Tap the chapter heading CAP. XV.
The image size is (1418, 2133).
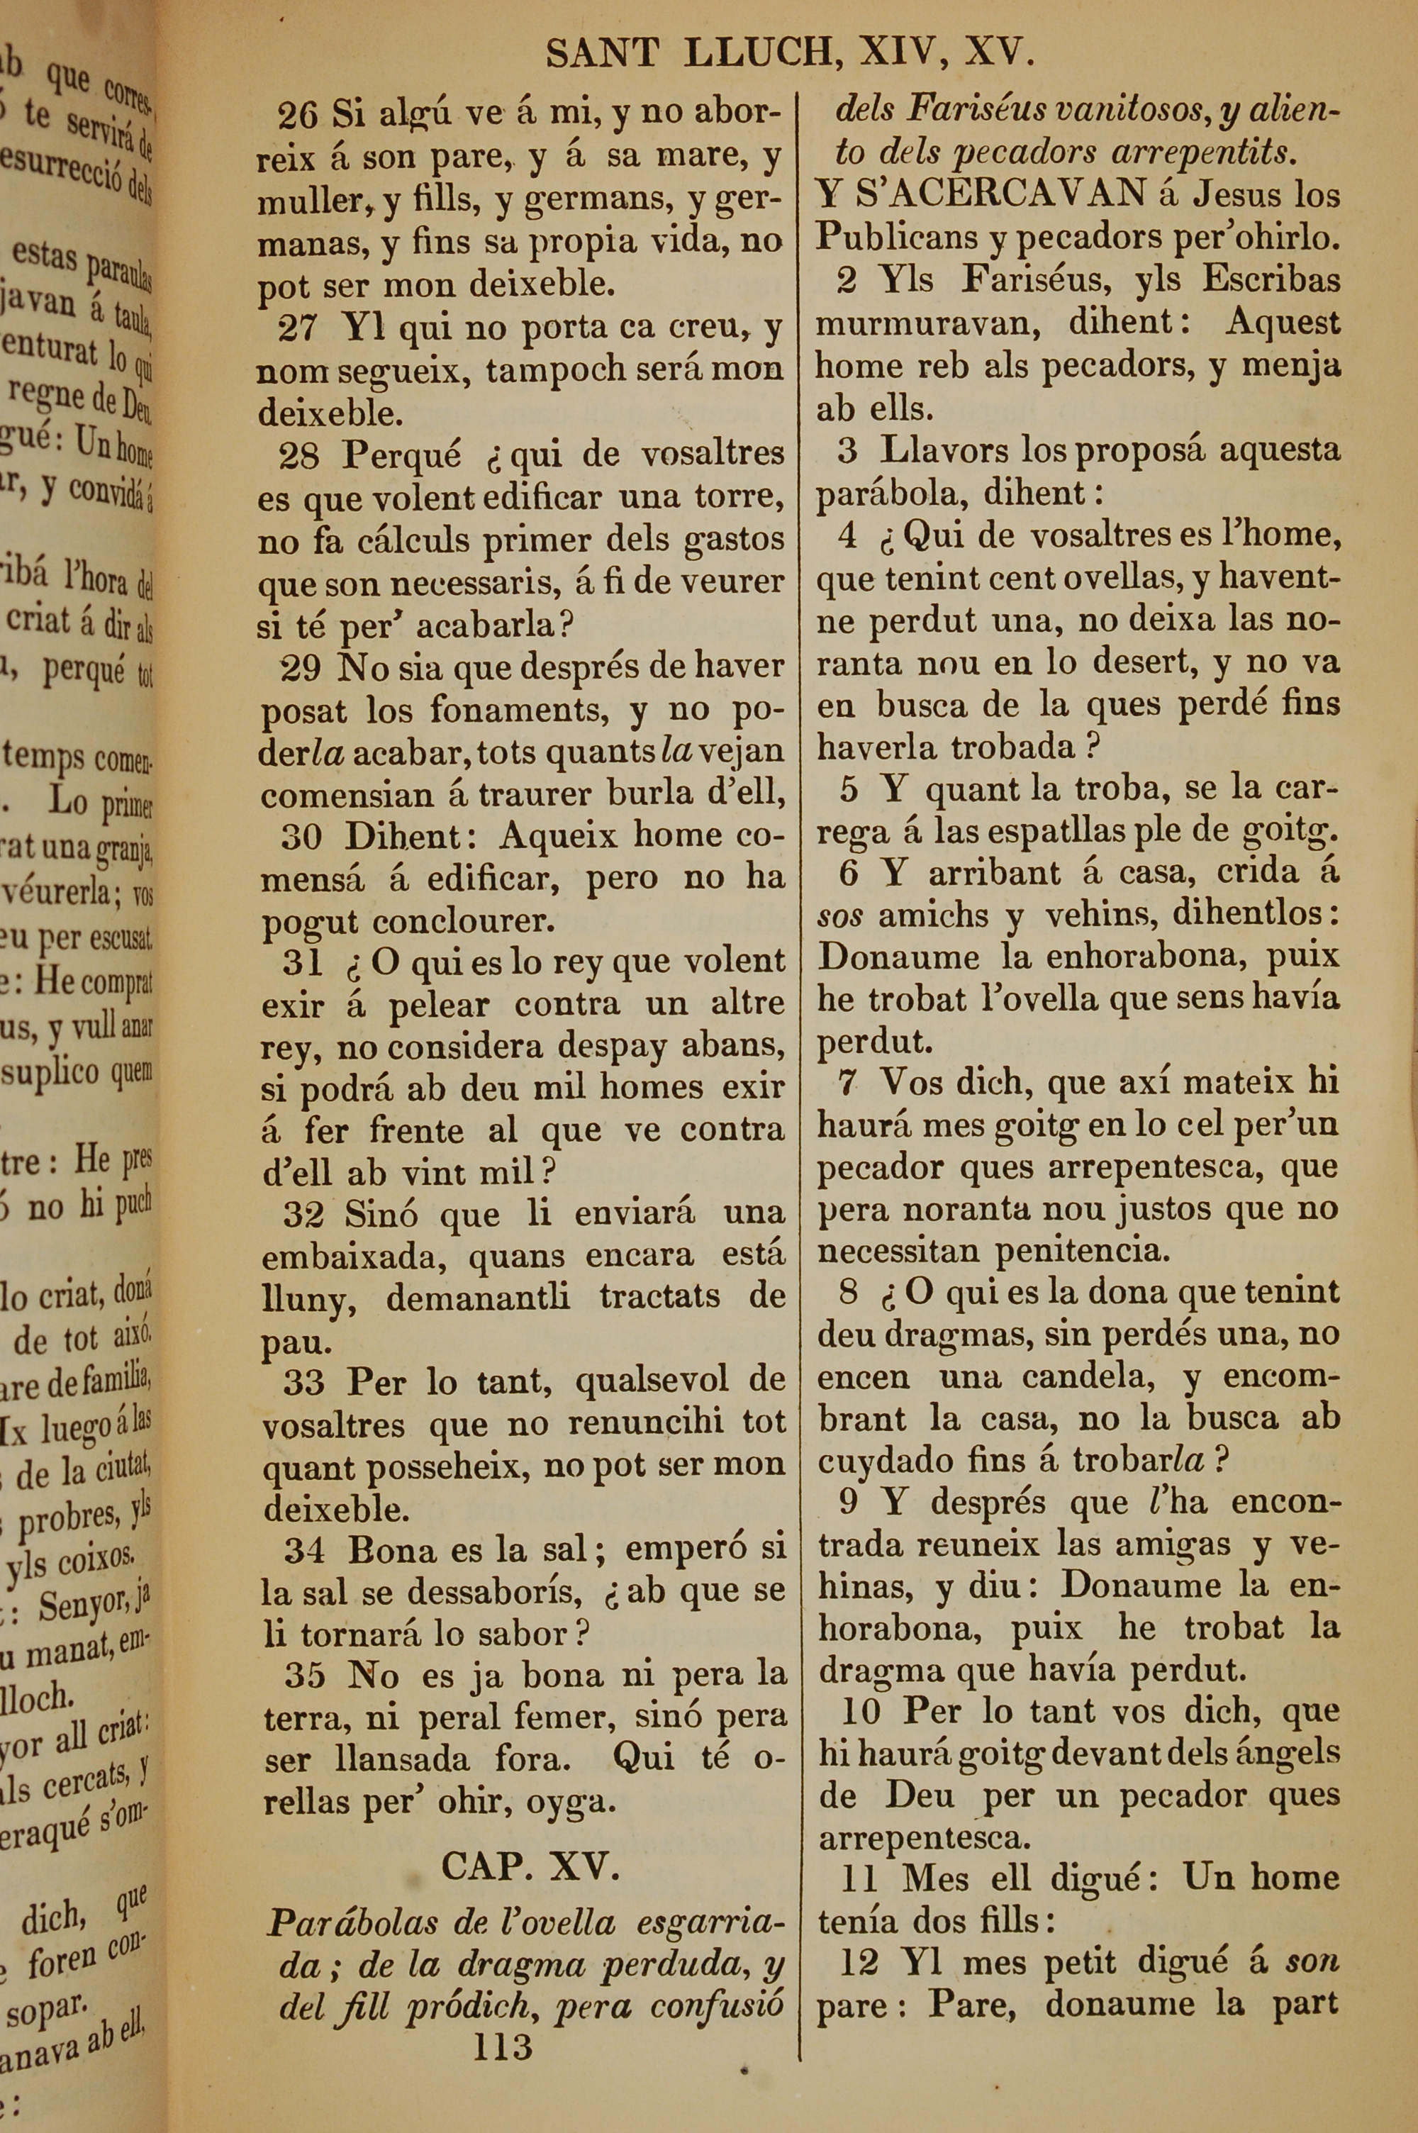coord(530,1866)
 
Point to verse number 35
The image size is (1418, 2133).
coord(305,1676)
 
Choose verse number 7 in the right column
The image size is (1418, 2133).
coord(848,1082)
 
